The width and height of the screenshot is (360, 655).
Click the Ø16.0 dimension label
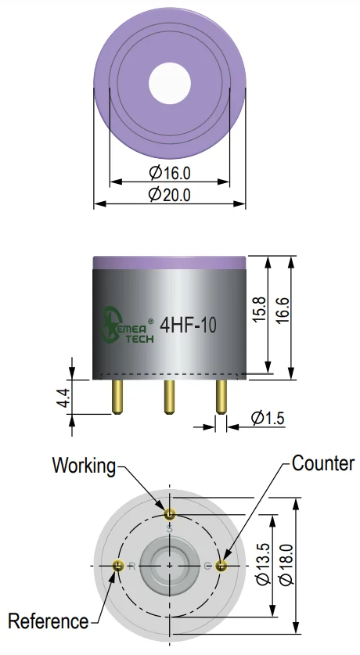170,172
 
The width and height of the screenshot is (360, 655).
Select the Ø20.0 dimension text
170,195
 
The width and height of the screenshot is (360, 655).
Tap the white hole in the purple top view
170,83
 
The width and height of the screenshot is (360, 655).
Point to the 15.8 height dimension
259,309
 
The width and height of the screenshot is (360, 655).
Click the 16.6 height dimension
283,310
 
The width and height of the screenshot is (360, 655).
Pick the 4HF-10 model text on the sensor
189,326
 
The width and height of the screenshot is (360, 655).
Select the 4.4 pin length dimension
63,398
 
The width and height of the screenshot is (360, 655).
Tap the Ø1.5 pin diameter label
268,418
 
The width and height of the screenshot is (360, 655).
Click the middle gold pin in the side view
169,397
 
